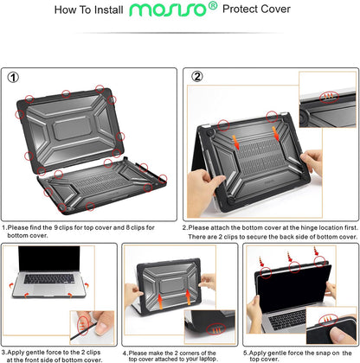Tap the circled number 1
(x=13, y=76)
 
